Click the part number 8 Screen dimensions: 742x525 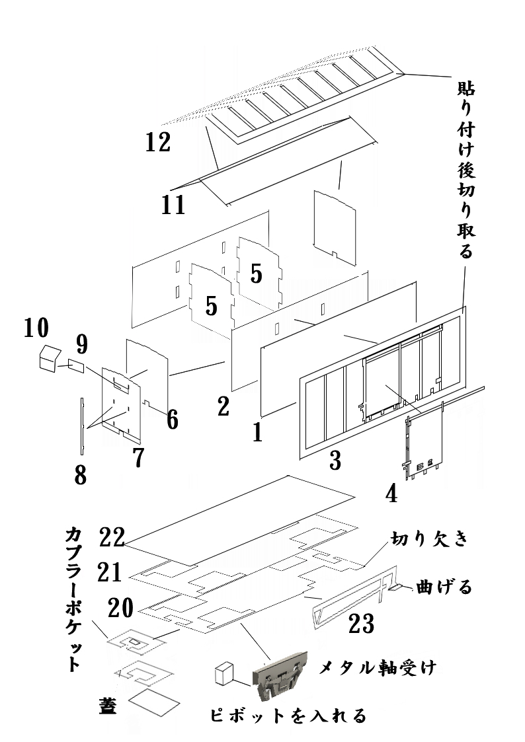pyautogui.click(x=80, y=474)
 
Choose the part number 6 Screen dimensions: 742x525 pyautogui.click(x=172, y=418)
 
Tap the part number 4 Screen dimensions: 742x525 pyautogui.click(x=391, y=493)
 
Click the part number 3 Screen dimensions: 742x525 pyautogui.click(x=335, y=460)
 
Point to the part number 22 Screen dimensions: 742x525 pyautogui.click(x=112, y=537)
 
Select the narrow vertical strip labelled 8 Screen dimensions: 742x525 pyautogui.click(x=81, y=426)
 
